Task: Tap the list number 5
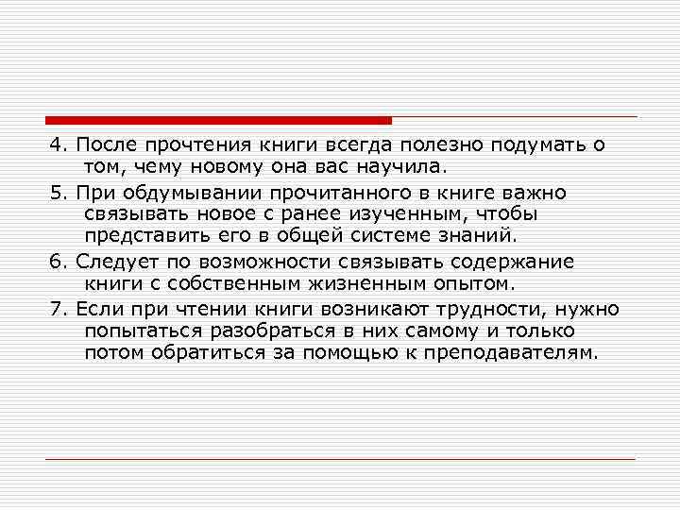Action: coord(55,193)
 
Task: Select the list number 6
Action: coord(55,262)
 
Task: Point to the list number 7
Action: coord(55,308)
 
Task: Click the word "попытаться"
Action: coord(145,331)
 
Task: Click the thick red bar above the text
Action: coord(218,120)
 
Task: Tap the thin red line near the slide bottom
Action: coord(340,459)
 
